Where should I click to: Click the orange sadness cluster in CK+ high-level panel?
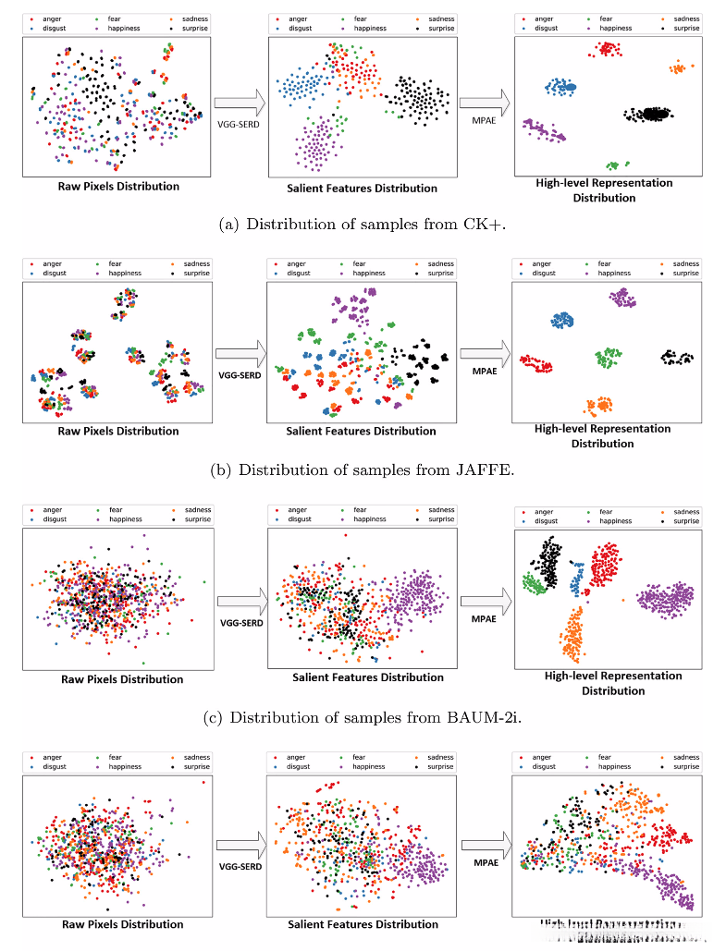[x=680, y=67]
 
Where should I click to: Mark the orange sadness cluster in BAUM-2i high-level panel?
[x=573, y=634]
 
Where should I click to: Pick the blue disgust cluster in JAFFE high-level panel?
[x=562, y=320]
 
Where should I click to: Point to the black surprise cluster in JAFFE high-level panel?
[x=677, y=358]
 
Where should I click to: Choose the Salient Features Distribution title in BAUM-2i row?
[x=368, y=677]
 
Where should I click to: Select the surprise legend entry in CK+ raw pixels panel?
[x=191, y=29]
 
